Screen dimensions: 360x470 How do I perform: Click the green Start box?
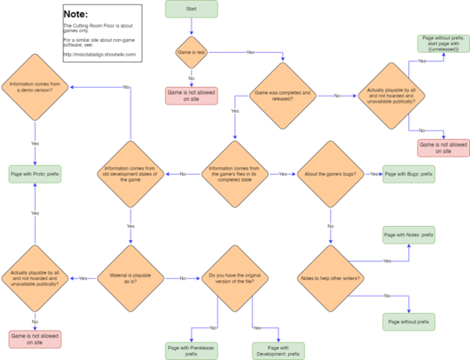click(191, 8)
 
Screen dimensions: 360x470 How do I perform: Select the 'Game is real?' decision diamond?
click(191, 51)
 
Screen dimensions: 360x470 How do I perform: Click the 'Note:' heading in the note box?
click(76, 14)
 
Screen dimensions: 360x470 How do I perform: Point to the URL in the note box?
click(99, 53)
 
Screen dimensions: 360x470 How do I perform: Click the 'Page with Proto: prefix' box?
click(35, 173)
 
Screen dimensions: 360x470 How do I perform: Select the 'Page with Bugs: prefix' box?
click(408, 174)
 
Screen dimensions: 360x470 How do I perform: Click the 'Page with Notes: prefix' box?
click(408, 235)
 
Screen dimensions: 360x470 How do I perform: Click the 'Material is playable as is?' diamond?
click(130, 278)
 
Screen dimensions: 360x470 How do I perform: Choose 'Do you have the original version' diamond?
click(234, 278)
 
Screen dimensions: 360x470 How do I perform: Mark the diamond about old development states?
click(130, 173)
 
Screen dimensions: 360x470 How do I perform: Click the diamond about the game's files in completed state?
click(234, 173)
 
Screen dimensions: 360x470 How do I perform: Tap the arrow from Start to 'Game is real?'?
click(191, 23)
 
